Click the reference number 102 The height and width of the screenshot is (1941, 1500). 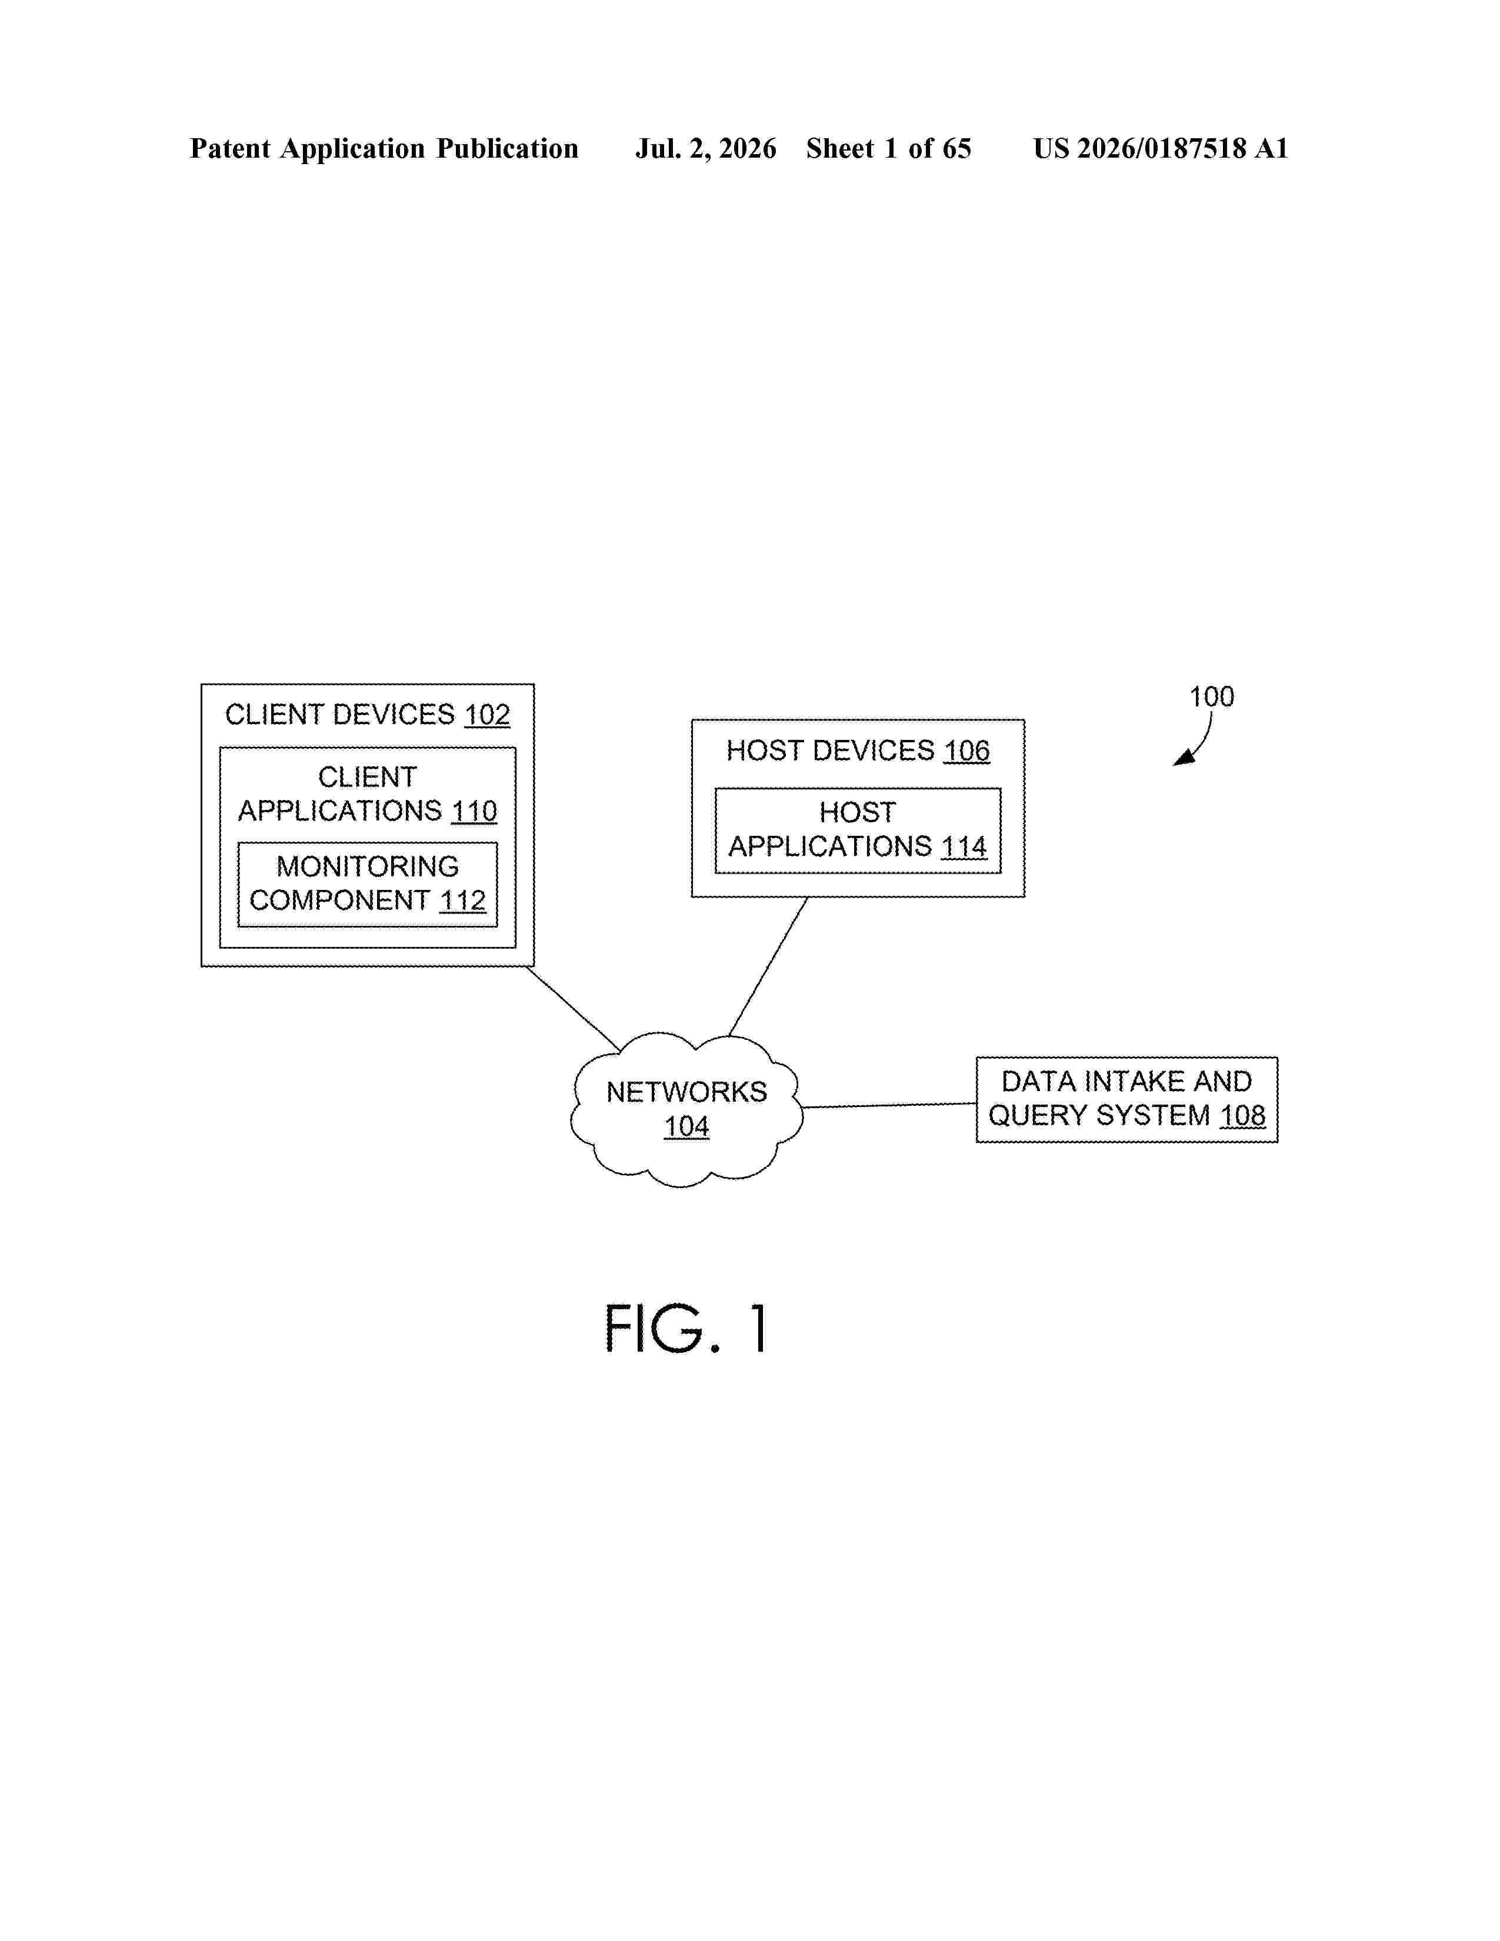(x=487, y=715)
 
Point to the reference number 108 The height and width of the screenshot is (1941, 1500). (x=1242, y=1115)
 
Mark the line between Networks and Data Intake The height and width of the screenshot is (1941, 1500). (x=889, y=1106)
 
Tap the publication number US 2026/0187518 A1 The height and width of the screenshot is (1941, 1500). (x=1161, y=148)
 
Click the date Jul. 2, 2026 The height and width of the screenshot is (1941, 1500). (x=705, y=148)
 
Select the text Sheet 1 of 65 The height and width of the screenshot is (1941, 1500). (x=889, y=148)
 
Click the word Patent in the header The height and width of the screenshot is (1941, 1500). (x=230, y=148)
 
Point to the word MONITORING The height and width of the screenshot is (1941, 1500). (x=368, y=866)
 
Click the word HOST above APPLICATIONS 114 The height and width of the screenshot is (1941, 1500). (x=858, y=812)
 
